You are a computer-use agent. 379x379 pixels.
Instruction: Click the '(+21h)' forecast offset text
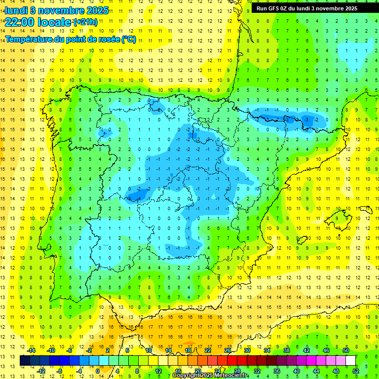[85, 22]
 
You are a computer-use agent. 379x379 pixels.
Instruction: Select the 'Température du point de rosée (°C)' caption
[71, 39]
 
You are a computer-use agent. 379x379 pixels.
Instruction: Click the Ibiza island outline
[301, 240]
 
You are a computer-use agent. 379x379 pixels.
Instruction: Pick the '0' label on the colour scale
[98, 371]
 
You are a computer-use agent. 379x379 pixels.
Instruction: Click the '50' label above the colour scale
[346, 350]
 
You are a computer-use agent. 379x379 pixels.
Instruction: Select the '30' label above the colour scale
[247, 350]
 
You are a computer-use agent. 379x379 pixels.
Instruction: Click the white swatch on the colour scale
[351, 361]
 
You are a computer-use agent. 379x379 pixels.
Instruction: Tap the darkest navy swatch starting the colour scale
[25, 361]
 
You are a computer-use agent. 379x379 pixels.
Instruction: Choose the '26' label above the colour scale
[227, 350]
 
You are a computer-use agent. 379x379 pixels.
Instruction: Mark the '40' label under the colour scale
[296, 371]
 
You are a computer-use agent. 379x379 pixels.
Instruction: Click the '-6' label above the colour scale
[70, 350]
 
